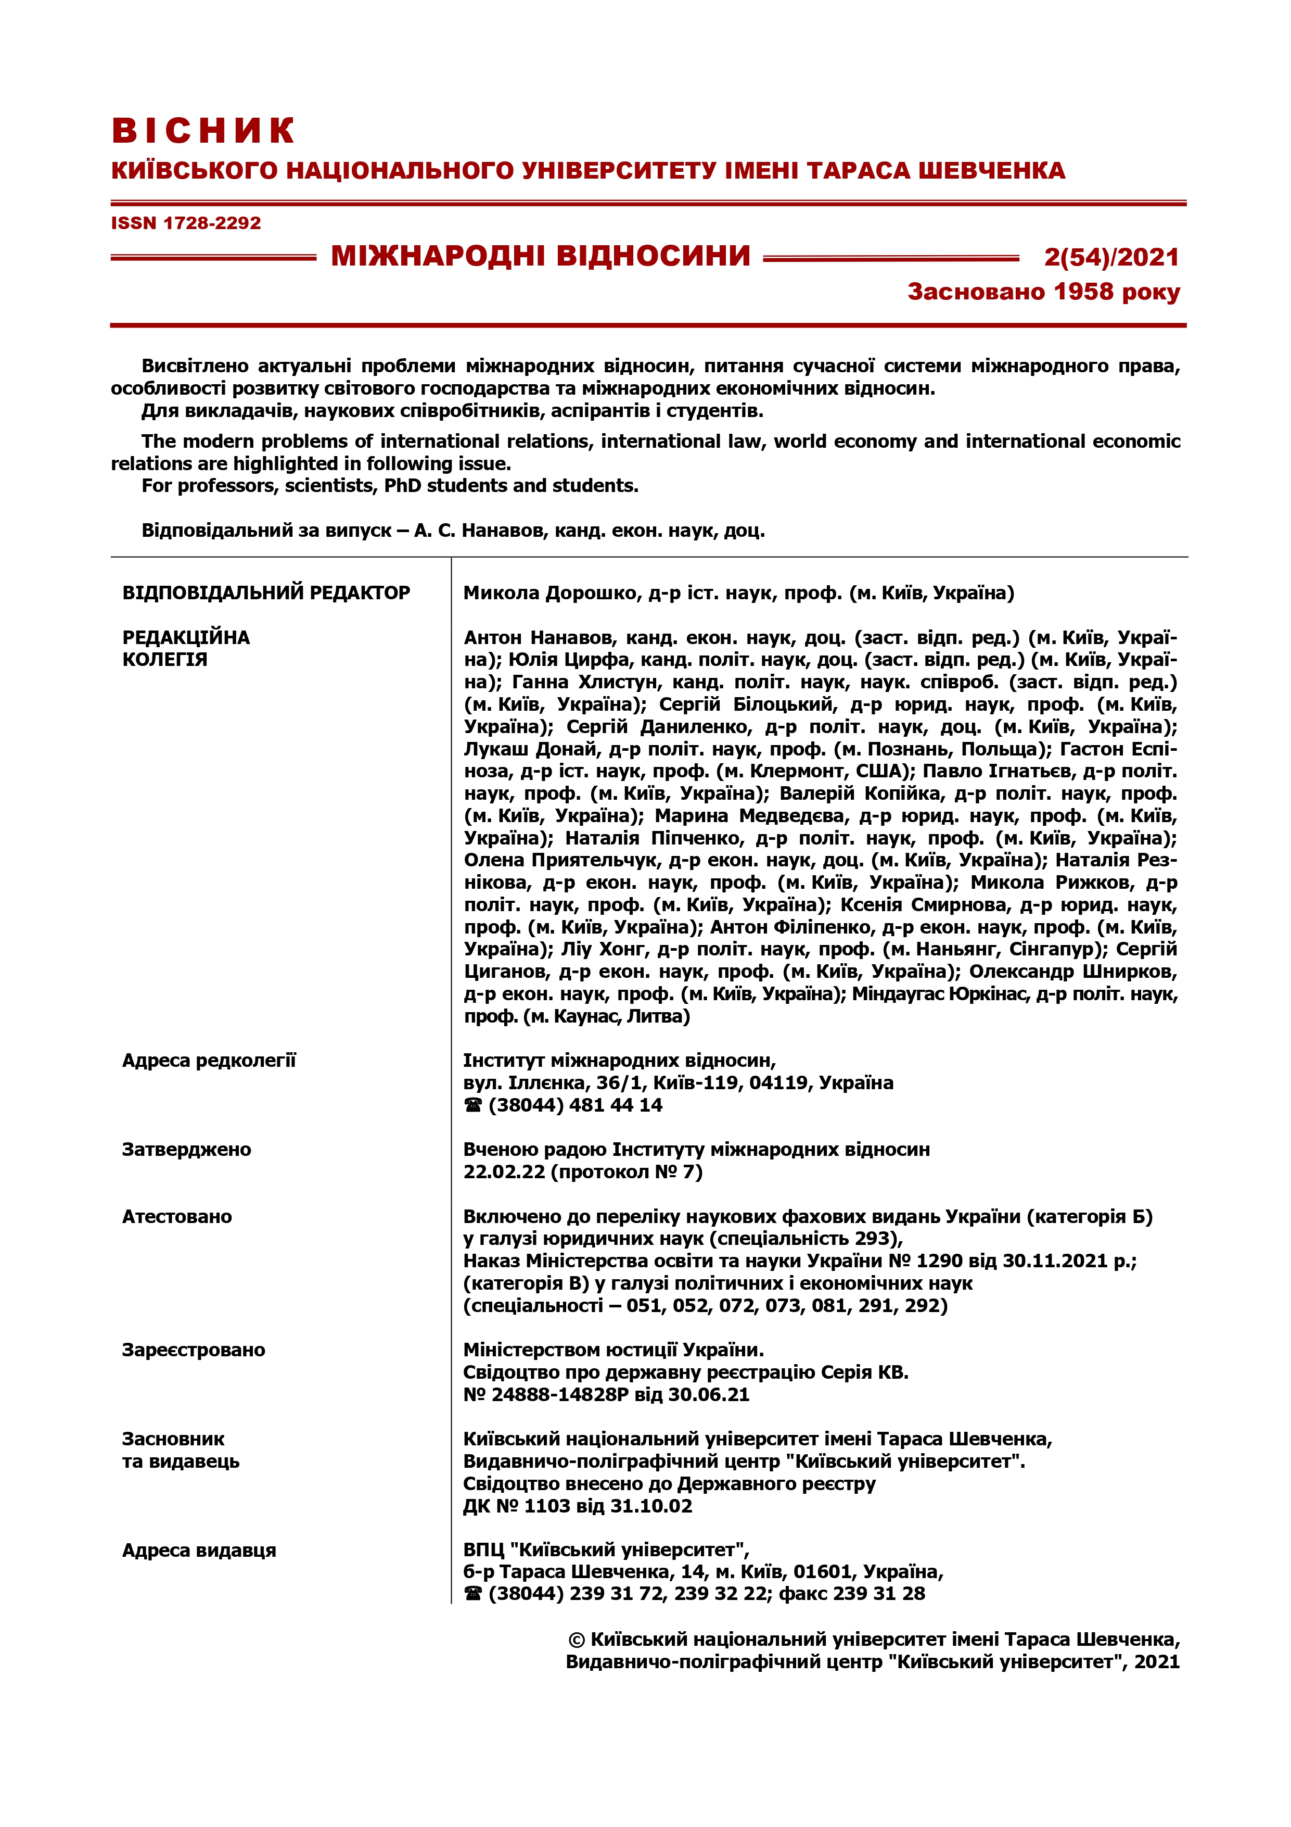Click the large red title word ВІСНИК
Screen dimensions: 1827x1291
point(203,131)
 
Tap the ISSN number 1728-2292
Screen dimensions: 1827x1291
point(212,223)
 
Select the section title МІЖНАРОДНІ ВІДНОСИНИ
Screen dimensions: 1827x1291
point(541,256)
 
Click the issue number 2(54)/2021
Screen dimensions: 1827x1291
point(1111,257)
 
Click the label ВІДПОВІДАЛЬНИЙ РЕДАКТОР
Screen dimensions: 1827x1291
point(266,593)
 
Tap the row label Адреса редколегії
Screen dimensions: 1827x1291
point(209,1060)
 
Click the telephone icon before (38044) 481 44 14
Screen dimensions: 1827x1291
point(474,1105)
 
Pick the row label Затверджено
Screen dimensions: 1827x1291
point(186,1149)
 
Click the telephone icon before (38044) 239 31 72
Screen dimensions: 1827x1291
point(474,1594)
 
